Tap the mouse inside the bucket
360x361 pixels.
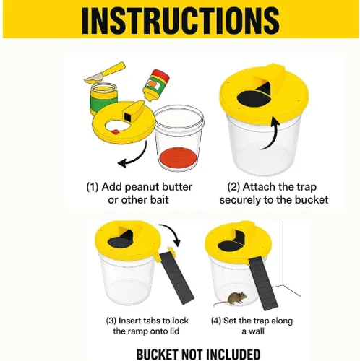231,300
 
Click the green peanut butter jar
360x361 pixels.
103,99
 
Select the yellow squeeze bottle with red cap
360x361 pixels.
156,84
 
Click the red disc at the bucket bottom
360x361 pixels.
178,158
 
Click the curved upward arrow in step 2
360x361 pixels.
270,134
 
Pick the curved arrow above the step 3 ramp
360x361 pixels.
171,232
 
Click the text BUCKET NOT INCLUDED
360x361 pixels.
198,355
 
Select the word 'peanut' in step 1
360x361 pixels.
142,187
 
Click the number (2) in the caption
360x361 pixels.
233,187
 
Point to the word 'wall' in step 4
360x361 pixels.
256,331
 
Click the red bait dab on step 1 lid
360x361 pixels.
115,132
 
